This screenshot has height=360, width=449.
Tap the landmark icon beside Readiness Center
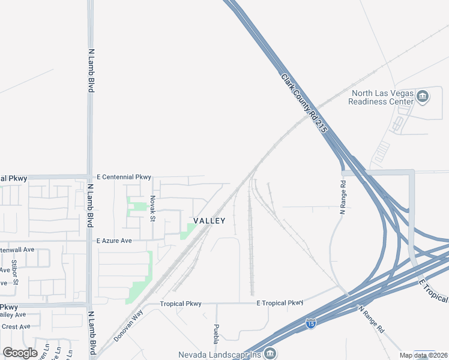[423, 96]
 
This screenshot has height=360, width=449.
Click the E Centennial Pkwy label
[124, 178]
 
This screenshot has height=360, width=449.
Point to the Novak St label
[153, 208]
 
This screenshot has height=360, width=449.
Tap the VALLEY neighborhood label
[209, 221]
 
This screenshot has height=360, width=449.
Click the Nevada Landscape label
[221, 354]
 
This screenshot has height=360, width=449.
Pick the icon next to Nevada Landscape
[271, 353]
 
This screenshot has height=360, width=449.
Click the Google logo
[20, 353]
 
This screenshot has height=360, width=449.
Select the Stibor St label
[15, 271]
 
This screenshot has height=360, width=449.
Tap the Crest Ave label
[16, 326]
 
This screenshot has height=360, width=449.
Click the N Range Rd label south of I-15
[372, 319]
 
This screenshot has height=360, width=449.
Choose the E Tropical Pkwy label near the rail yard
[280, 303]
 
